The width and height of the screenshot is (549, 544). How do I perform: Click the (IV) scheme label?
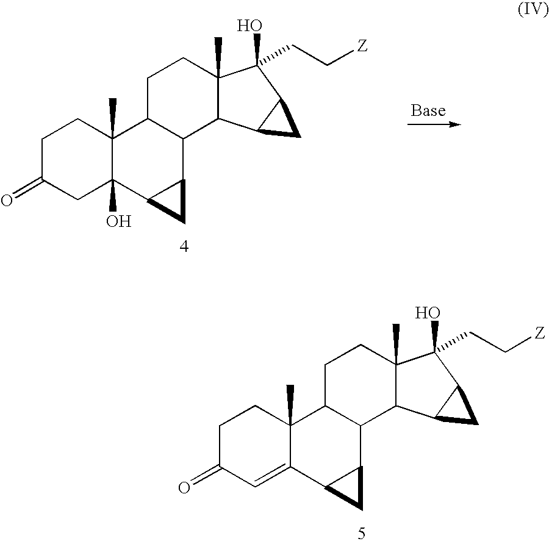[533, 11]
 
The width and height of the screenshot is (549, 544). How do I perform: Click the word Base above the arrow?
[428, 110]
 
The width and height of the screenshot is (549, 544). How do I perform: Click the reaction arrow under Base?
[433, 124]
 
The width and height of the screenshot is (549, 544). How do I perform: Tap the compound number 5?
[361, 534]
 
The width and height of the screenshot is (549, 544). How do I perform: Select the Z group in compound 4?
[362, 46]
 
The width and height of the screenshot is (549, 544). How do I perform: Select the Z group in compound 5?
[540, 333]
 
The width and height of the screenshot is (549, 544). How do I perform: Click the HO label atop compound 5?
[428, 313]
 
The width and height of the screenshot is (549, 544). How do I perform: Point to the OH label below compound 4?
[118, 221]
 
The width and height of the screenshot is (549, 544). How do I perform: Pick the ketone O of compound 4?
[7, 201]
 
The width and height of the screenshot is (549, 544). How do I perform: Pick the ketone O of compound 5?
[184, 487]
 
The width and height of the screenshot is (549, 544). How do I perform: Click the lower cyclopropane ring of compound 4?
[173, 201]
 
